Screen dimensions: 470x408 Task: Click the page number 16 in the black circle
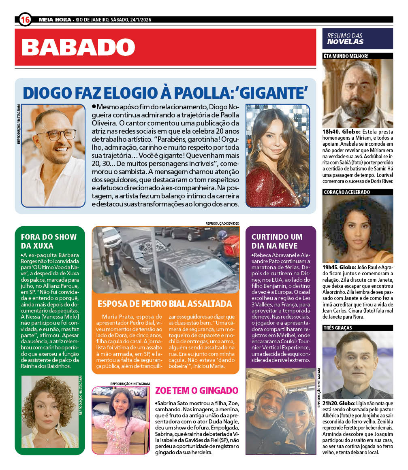(25, 19)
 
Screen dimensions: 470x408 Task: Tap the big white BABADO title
(78, 47)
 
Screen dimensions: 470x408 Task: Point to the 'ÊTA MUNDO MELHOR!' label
(346, 56)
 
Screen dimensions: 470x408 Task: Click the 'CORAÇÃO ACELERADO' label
(347, 192)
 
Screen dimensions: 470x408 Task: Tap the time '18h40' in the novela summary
(331, 132)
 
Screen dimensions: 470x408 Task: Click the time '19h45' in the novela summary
(331, 268)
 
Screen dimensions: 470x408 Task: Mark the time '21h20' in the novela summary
(331, 403)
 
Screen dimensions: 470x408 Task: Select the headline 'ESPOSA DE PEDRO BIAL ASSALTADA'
(165, 304)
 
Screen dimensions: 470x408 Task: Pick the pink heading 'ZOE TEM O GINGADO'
(197, 391)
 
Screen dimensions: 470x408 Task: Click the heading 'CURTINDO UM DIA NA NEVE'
(277, 241)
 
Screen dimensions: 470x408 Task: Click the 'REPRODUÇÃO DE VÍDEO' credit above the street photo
(222, 223)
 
